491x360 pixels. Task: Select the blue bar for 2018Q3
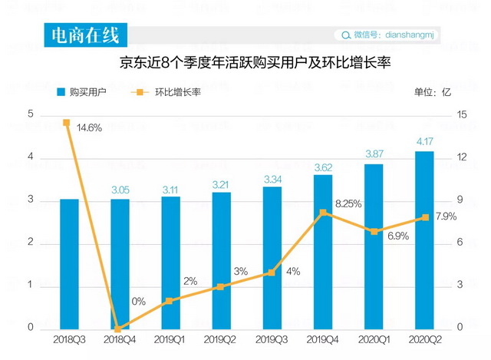[69, 264]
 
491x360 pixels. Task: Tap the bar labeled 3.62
[323, 253]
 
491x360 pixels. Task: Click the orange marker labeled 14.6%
[67, 123]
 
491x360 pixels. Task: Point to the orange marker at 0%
[118, 328]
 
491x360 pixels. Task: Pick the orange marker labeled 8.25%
[323, 212]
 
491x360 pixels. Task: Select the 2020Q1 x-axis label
[374, 339]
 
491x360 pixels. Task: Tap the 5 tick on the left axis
[31, 114]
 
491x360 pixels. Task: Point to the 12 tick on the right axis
[460, 157]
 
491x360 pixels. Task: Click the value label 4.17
[424, 142]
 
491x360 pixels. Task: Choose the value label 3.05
[120, 190]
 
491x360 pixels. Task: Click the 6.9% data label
[397, 236]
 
